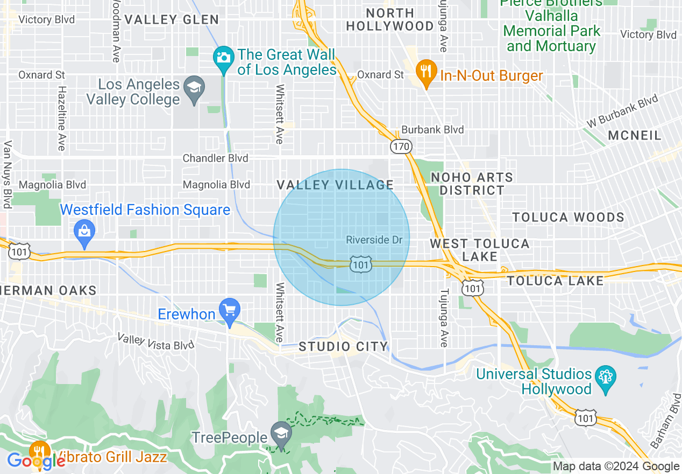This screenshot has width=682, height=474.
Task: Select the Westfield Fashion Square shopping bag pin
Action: pos(85,233)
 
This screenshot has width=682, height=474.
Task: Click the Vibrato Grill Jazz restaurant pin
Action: pos(39,451)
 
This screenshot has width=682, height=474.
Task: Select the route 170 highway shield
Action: pos(401,147)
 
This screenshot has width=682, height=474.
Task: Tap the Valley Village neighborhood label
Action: pos(335,185)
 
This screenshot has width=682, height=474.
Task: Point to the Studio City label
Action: pos(343,346)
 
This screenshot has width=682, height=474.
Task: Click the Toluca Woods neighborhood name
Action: pos(568,217)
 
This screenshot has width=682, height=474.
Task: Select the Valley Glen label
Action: pos(172,20)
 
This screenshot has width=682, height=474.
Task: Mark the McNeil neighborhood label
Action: pos(635,135)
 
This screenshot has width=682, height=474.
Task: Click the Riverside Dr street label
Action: pos(374,240)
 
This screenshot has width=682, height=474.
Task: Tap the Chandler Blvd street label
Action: pos(215,158)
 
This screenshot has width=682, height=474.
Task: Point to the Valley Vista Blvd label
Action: pos(156,341)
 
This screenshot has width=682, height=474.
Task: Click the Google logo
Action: pos(36,461)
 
